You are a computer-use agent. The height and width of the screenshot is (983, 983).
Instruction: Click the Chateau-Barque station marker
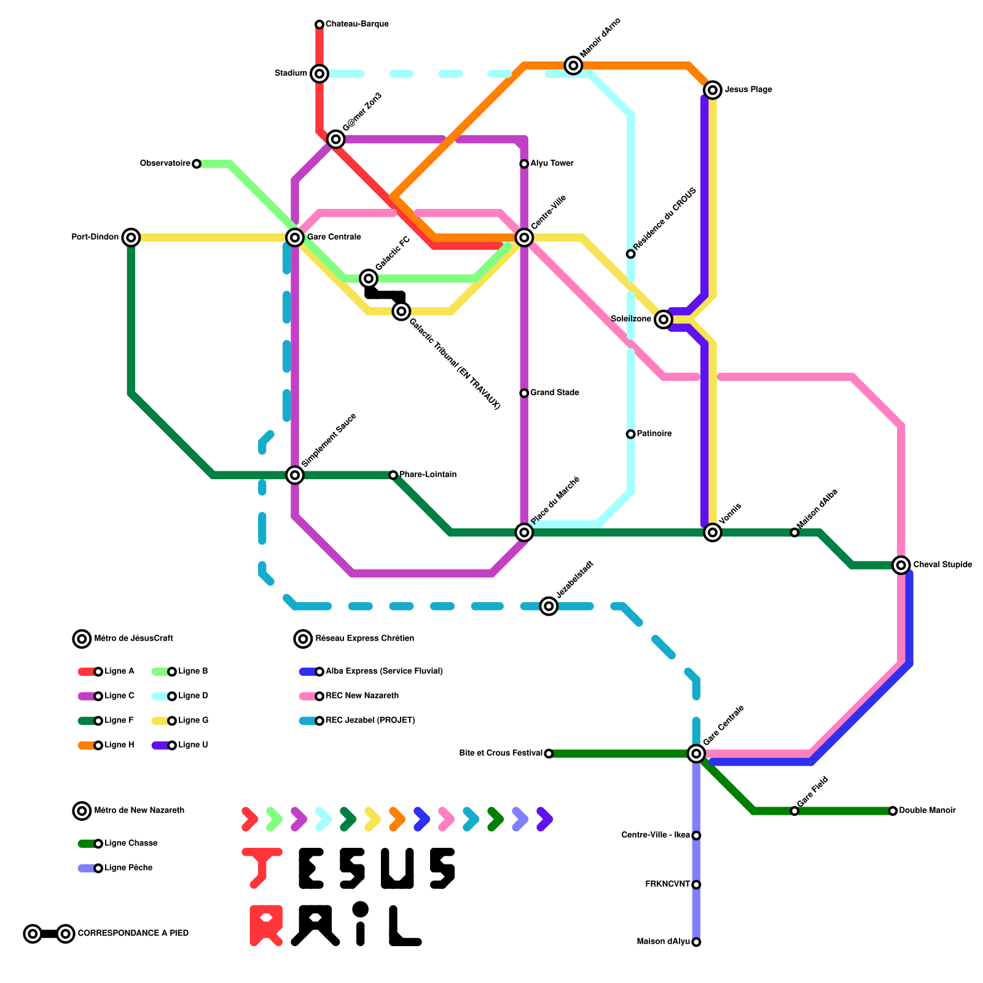click(319, 25)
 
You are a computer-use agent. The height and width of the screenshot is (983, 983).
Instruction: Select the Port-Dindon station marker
click(131, 237)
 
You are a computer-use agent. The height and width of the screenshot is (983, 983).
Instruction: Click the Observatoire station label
click(165, 163)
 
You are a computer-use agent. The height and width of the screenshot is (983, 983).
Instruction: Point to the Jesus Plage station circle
click(713, 90)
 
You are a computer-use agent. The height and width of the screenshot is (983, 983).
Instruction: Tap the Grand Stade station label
click(555, 393)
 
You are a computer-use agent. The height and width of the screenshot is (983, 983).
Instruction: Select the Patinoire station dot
click(631, 434)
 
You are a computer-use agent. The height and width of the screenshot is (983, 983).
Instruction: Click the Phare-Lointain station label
click(428, 475)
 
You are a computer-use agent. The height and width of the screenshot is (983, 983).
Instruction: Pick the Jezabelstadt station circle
click(549, 606)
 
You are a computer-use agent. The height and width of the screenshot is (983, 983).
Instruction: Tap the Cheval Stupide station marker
click(901, 565)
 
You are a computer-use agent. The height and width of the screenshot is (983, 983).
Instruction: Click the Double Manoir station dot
click(893, 811)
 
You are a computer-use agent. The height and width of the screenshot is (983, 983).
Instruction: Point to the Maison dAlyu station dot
click(696, 942)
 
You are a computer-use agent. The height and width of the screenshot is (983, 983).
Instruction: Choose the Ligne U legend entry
click(193, 745)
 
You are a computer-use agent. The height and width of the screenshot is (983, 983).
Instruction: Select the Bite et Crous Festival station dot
click(549, 754)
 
